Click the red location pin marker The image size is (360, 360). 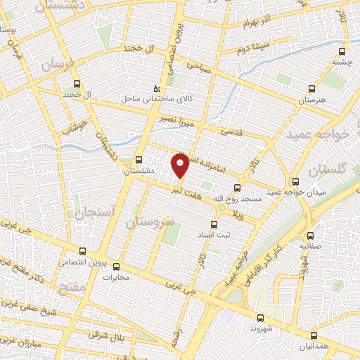[x=181, y=165]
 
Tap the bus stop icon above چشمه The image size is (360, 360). [x=342, y=51]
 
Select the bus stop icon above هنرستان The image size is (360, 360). [x=312, y=89]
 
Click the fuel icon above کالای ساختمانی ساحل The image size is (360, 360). [x=157, y=89]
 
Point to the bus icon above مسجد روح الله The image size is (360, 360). [x=237, y=188]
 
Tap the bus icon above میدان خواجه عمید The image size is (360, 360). [x=295, y=182]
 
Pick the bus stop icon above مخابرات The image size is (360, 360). [x=117, y=266]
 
